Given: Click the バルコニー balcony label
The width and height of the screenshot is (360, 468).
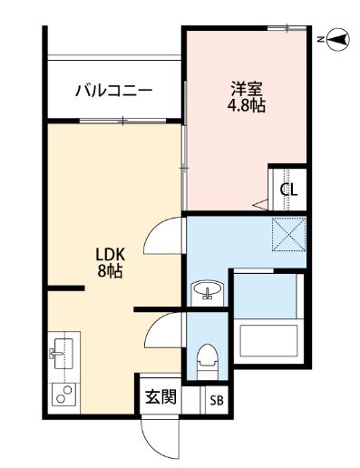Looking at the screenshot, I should click(x=112, y=91).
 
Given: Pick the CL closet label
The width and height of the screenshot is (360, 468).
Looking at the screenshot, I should click(x=287, y=190).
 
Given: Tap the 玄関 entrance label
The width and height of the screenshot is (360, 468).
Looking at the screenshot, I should click(x=161, y=398).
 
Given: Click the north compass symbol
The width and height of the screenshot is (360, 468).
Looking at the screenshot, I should click(x=338, y=38).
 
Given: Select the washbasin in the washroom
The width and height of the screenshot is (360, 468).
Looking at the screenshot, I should click(x=208, y=292).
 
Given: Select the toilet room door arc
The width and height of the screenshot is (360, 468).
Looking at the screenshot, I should click(x=161, y=331).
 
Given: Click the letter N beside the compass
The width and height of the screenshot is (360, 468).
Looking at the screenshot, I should click(x=320, y=38).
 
